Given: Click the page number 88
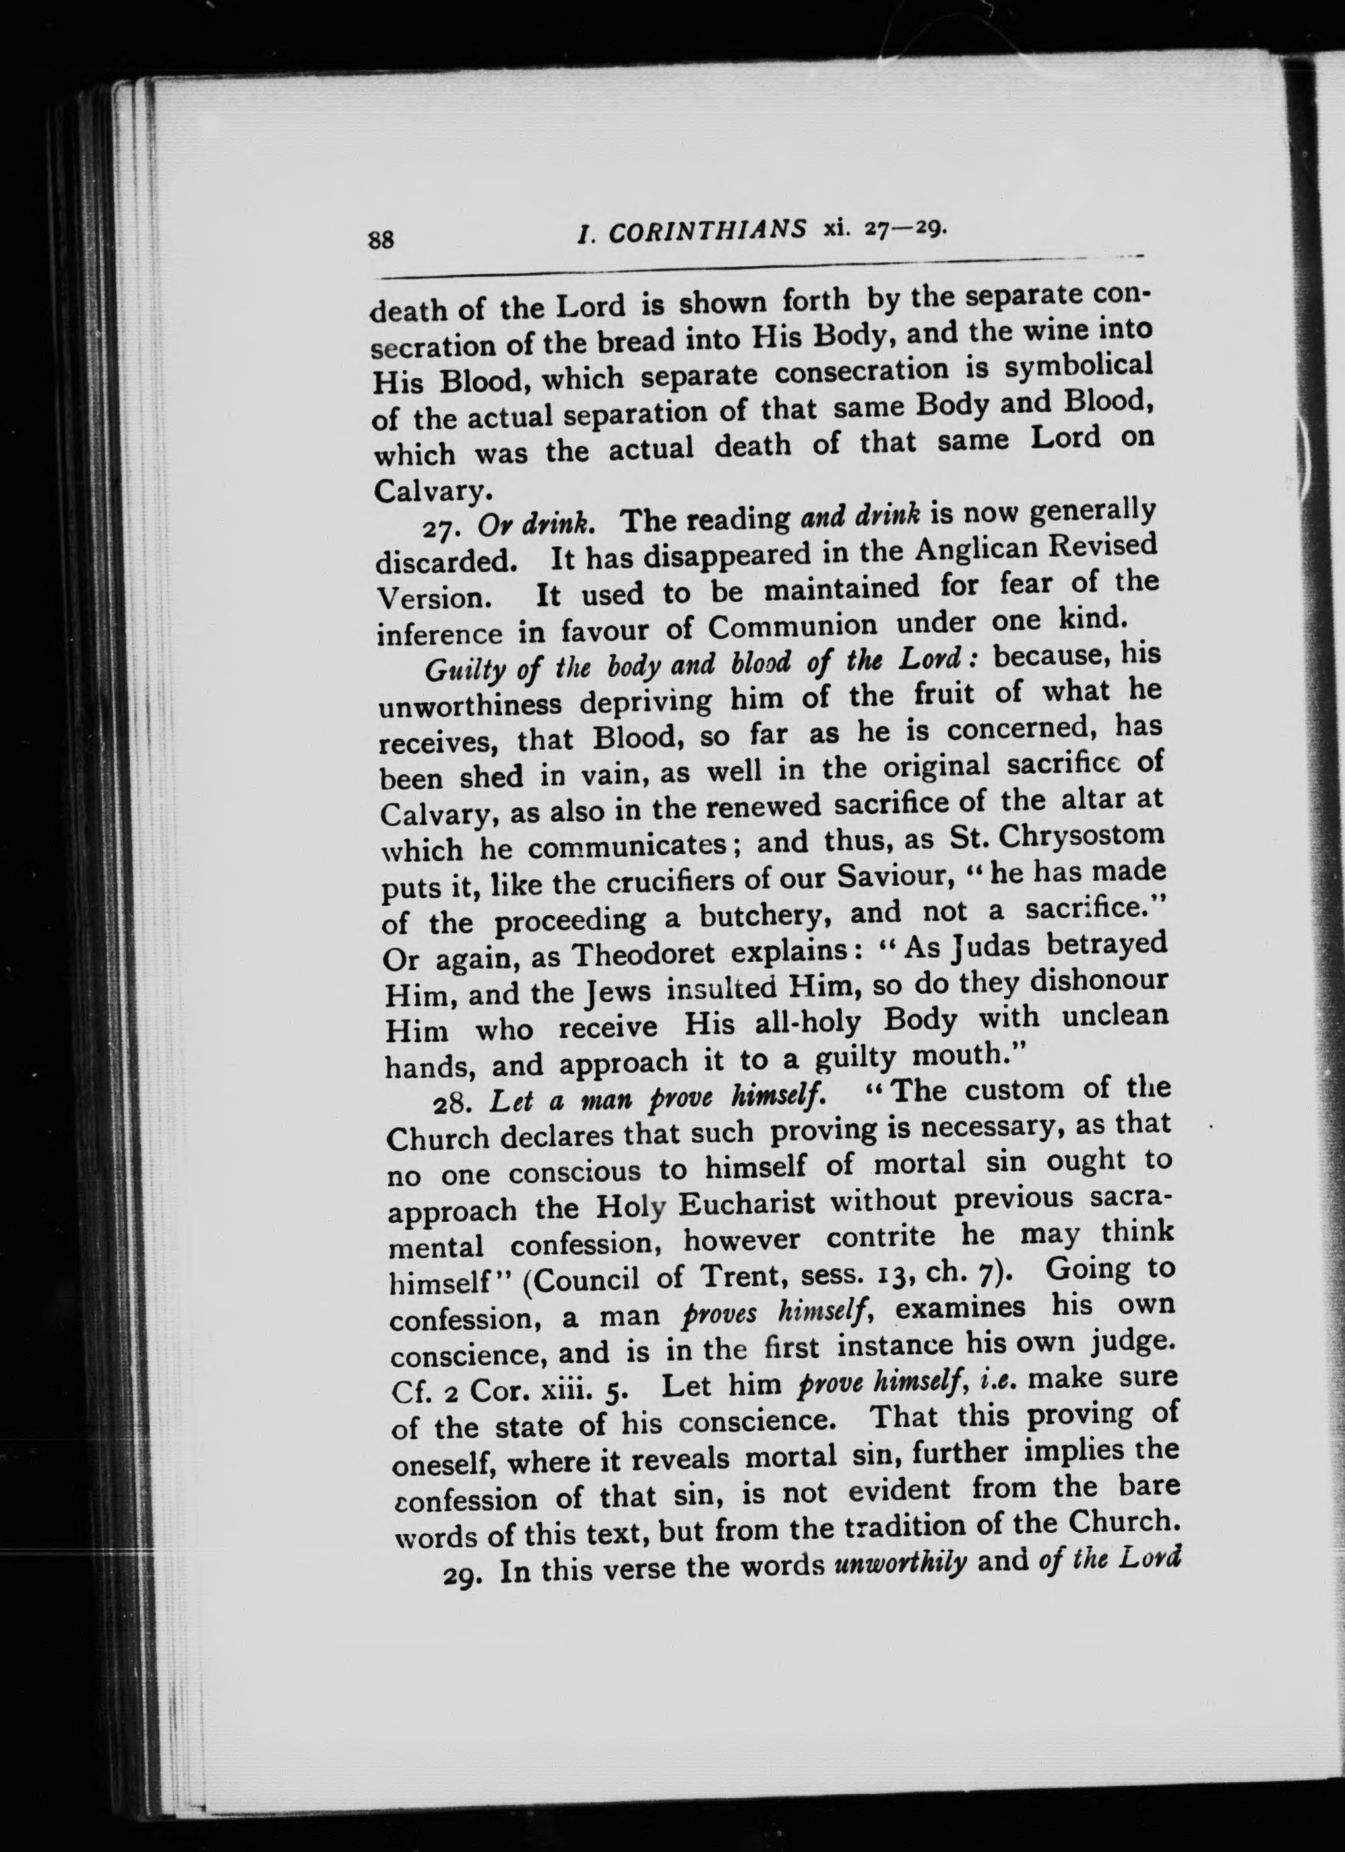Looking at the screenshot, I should [x=382, y=240].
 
